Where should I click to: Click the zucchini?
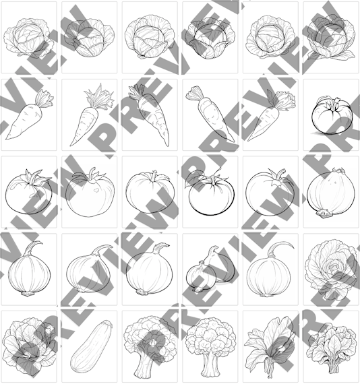coord(91,347)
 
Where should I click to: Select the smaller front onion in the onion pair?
coord(200,277)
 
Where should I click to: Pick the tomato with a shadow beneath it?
coord(332,116)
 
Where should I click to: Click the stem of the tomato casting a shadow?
coord(333,104)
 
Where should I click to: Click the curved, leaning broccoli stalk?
coord(144,365)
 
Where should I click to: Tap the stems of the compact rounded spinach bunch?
coord(333,365)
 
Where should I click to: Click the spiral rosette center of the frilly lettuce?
coord(334,265)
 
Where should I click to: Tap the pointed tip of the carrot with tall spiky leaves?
coord(71,144)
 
